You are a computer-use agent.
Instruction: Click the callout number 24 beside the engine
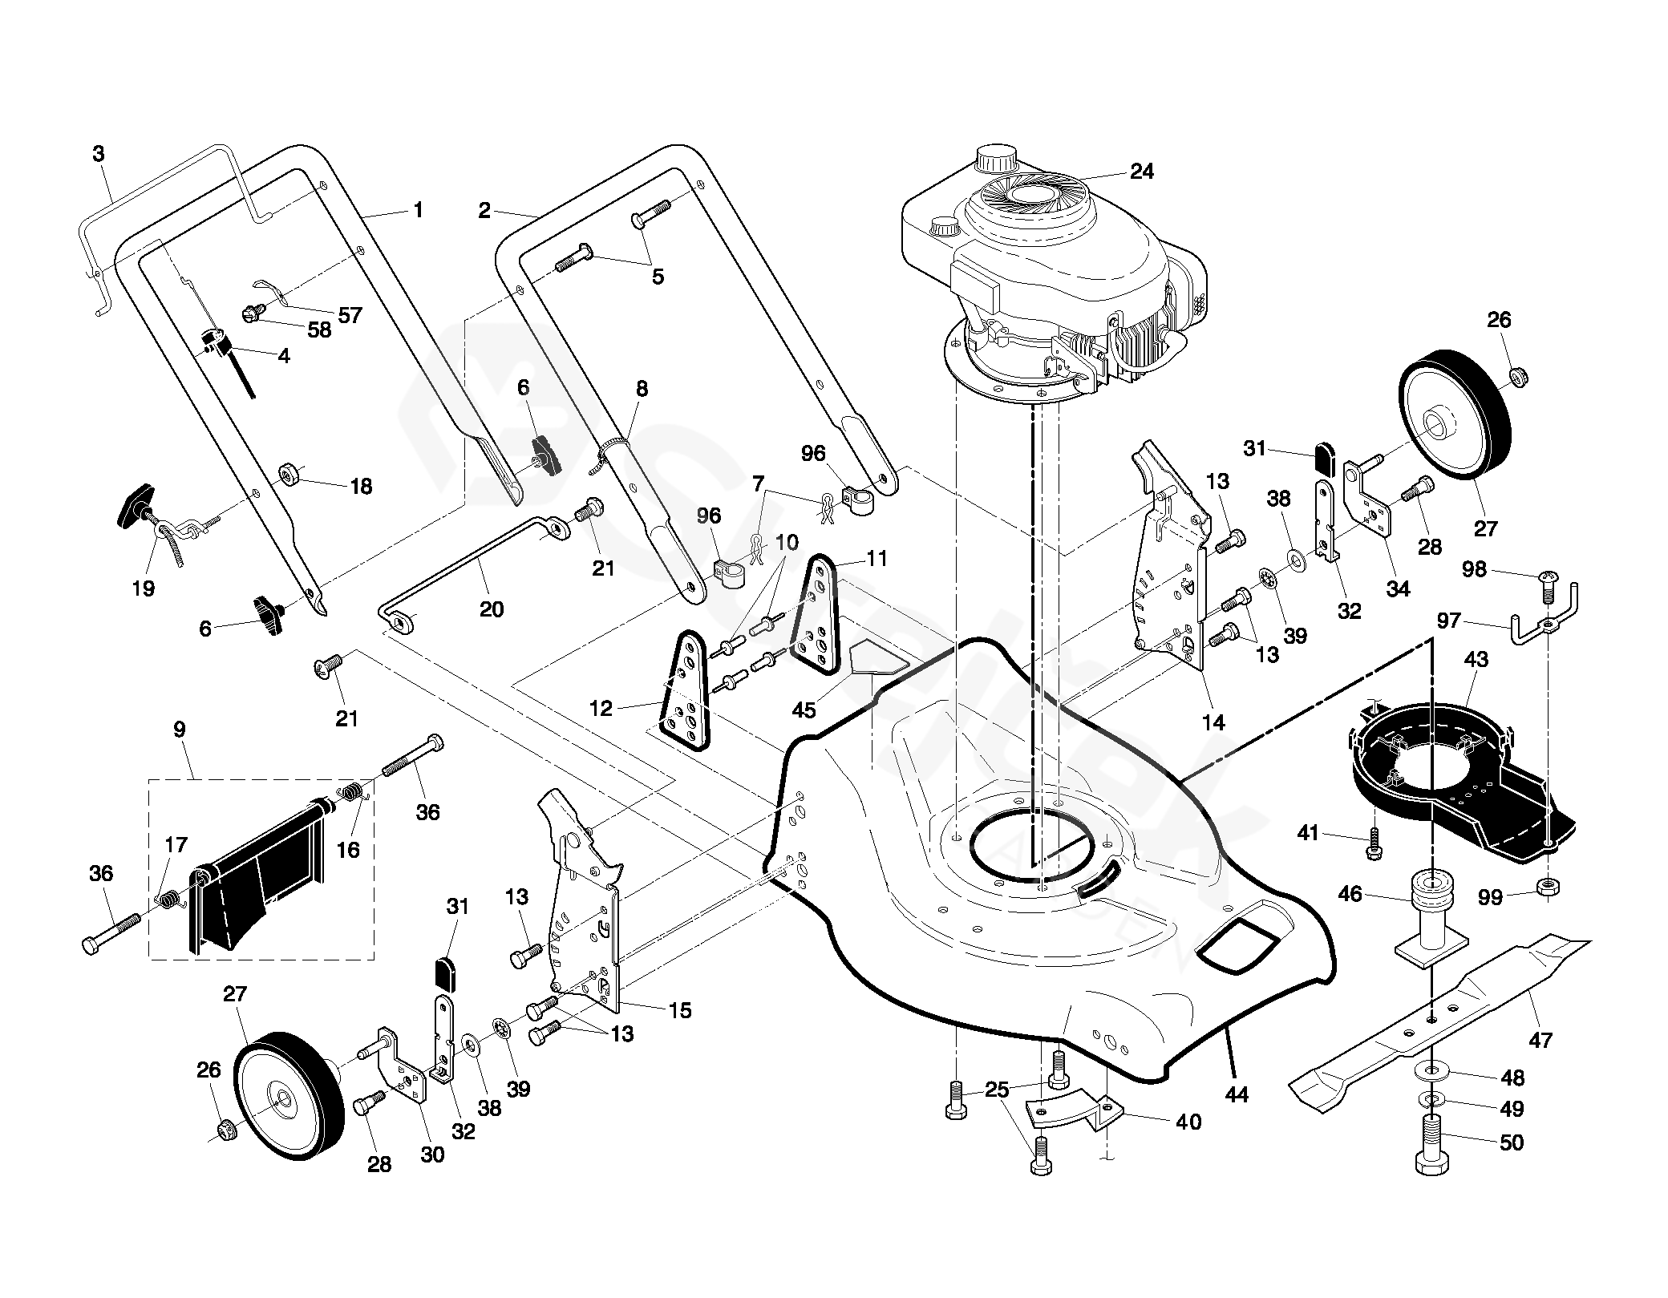[1141, 172]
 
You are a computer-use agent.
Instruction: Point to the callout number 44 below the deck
[1237, 1094]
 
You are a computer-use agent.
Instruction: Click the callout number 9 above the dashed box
[179, 730]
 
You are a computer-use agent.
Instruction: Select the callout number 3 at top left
[99, 154]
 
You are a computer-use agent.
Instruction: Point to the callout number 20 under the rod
[492, 609]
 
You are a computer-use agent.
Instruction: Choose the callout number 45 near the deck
[804, 710]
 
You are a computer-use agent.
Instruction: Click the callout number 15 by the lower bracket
[679, 1011]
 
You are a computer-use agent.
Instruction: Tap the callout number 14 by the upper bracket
[1213, 722]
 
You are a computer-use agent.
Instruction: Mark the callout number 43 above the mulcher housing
[1476, 660]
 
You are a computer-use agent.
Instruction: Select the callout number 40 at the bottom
[1188, 1122]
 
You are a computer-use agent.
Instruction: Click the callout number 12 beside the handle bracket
[601, 708]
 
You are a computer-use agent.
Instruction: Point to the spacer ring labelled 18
[289, 475]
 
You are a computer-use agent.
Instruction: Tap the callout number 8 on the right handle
[642, 390]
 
